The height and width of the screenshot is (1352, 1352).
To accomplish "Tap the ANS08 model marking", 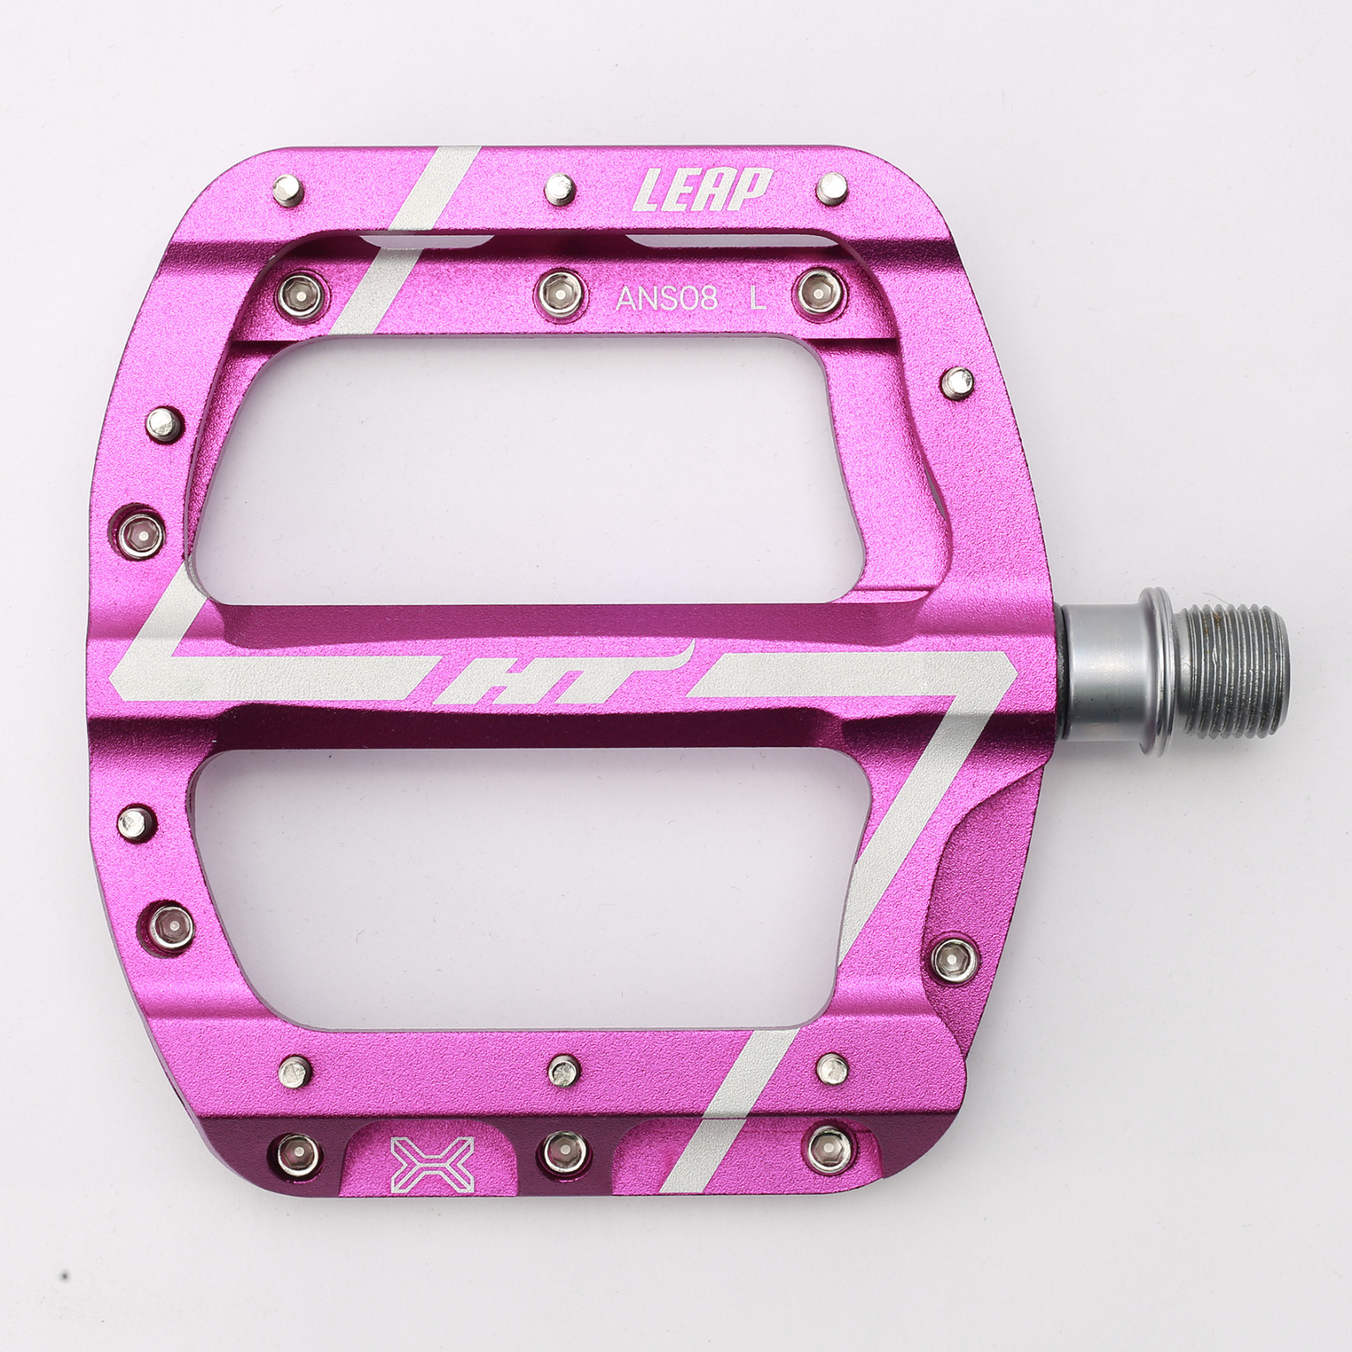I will [x=667, y=298].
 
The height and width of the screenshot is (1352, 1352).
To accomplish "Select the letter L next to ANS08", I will [x=758, y=297].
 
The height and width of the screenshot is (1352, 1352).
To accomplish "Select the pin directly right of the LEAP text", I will [x=832, y=188].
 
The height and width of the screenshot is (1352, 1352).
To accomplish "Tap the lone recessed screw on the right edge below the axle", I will [x=956, y=958].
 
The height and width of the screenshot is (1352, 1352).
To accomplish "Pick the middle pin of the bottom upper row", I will [x=563, y=1070].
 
